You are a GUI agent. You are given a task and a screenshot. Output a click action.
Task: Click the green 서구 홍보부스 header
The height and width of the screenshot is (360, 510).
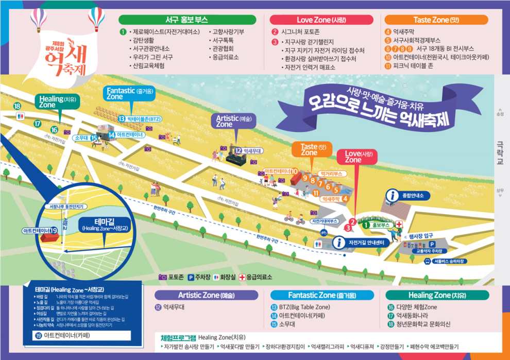click(x=187, y=20)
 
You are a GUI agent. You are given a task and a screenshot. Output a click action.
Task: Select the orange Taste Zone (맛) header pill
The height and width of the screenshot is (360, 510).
click(x=436, y=20)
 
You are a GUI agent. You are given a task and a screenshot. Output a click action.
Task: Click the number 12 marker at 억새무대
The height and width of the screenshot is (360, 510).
click(x=238, y=150)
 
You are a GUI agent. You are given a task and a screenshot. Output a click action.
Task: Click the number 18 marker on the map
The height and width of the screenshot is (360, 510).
click(x=18, y=106)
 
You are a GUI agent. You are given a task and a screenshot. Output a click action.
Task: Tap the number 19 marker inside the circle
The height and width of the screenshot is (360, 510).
click(x=54, y=230)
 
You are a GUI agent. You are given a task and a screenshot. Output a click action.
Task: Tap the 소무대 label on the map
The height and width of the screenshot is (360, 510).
click(x=81, y=138)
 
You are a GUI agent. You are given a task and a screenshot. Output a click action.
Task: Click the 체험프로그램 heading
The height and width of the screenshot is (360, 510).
click(x=178, y=337)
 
